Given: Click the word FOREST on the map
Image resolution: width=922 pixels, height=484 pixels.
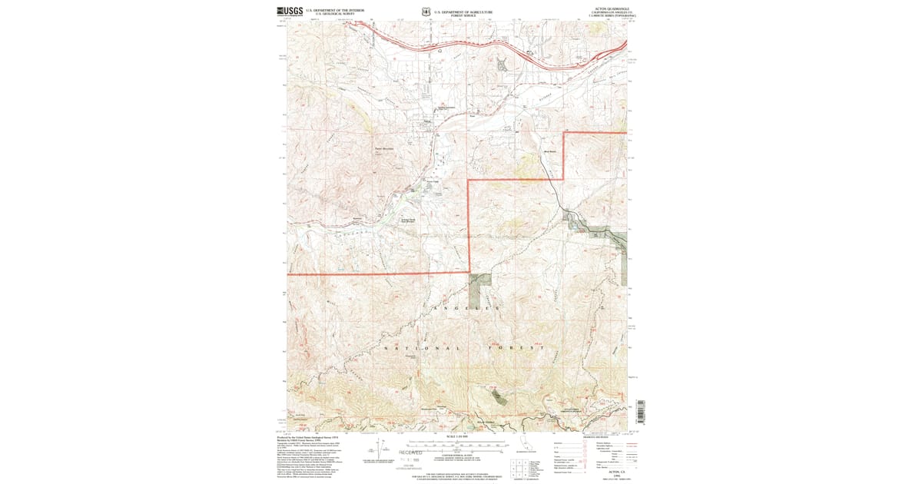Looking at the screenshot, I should coord(516,348).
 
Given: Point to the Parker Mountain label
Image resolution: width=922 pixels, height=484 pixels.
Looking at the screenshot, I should coord(383,148).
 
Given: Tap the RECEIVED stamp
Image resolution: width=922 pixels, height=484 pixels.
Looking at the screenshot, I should coord(410,453).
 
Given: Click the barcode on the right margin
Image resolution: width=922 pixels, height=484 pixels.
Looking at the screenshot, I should coord(642,413).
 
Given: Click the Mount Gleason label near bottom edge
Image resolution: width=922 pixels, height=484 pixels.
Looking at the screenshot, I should coord(481,421).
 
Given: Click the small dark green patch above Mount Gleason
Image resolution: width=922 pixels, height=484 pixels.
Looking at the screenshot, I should coord(498,396).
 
